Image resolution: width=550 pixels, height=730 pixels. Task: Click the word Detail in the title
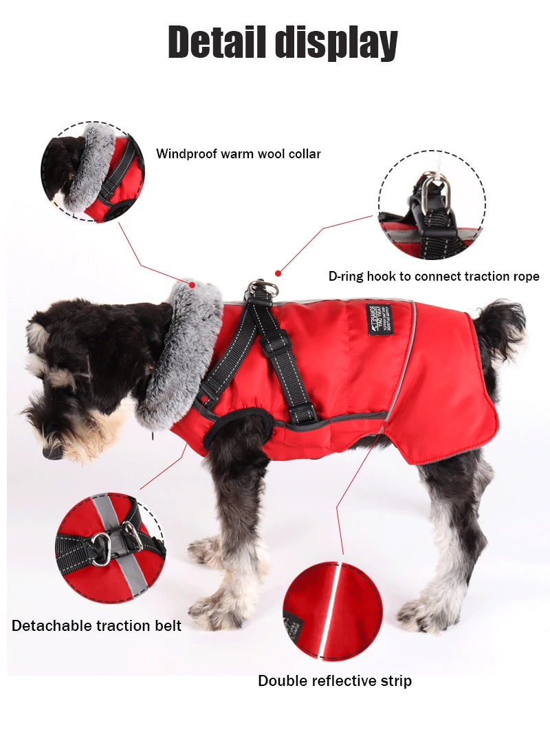click(218, 42)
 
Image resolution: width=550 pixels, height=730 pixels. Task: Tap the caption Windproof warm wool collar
click(238, 153)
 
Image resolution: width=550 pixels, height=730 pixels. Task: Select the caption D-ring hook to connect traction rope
click(433, 277)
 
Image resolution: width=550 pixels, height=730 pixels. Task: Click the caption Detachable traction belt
click(96, 625)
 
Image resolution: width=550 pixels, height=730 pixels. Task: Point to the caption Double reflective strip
click(335, 681)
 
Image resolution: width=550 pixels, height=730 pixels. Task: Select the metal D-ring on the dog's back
click(263, 288)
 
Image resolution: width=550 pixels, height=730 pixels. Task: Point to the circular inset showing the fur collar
click(92, 171)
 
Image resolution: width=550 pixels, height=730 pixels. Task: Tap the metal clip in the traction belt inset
click(103, 549)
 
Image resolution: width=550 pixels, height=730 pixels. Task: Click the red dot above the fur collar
click(192, 283)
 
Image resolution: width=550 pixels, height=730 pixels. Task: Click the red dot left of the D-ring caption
click(278, 273)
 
